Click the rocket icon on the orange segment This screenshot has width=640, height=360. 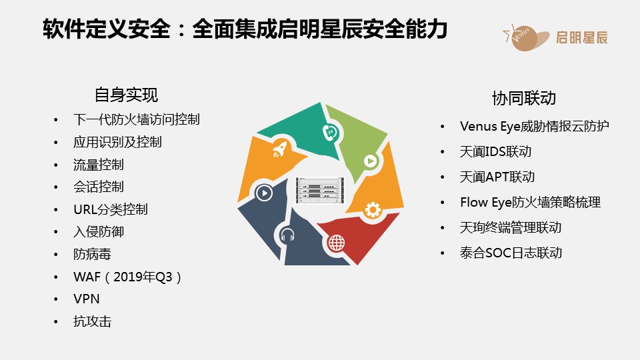pyautogui.click(x=280, y=149)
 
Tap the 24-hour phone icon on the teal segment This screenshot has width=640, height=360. pyautogui.click(x=330, y=132)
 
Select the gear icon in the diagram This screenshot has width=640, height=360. pyautogui.click(x=373, y=210)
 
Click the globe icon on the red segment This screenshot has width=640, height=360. pyautogui.click(x=336, y=243)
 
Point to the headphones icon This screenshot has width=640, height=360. pyautogui.click(x=287, y=235)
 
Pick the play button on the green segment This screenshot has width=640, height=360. pyautogui.click(x=371, y=161)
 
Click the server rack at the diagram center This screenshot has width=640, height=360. pyautogui.click(x=320, y=190)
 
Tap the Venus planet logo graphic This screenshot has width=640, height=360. pyautogui.click(x=526, y=37)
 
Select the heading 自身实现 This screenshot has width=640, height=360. pyautogui.click(x=126, y=95)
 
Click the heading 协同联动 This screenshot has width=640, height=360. pyautogui.click(x=524, y=99)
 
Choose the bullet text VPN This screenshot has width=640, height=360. pyautogui.click(x=87, y=299)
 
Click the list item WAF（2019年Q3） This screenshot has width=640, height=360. pyautogui.click(x=127, y=277)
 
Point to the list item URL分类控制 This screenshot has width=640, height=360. pyautogui.click(x=111, y=209)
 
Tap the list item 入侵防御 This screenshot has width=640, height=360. pyautogui.click(x=99, y=232)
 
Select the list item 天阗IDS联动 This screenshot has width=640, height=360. pyautogui.click(x=495, y=151)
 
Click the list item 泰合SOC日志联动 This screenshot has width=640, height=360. pyautogui.click(x=511, y=253)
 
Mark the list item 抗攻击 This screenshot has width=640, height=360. pyautogui.click(x=92, y=321)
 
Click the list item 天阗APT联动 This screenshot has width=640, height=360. pyautogui.click(x=497, y=177)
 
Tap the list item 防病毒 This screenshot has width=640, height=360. pyautogui.click(x=92, y=254)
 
